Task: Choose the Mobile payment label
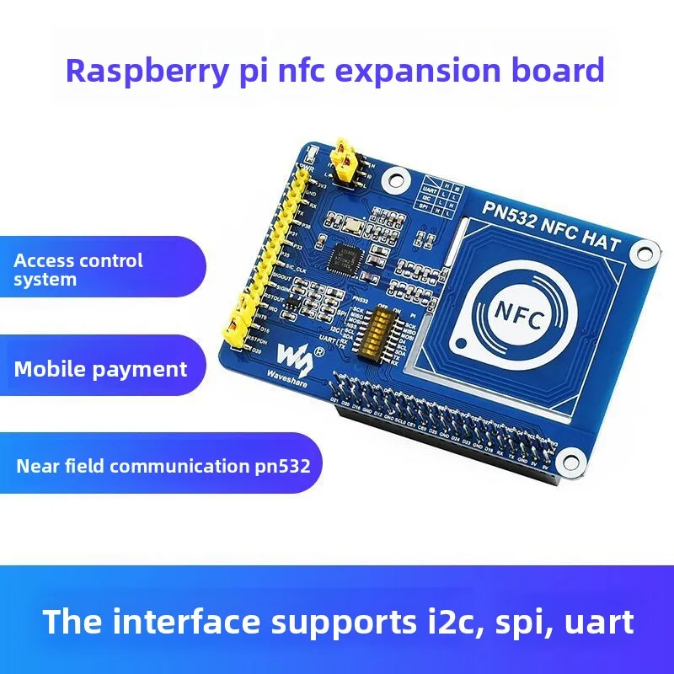click(x=100, y=369)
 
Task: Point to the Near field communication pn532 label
click(x=163, y=465)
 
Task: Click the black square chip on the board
click(x=345, y=255)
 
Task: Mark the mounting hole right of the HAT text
click(x=646, y=250)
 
